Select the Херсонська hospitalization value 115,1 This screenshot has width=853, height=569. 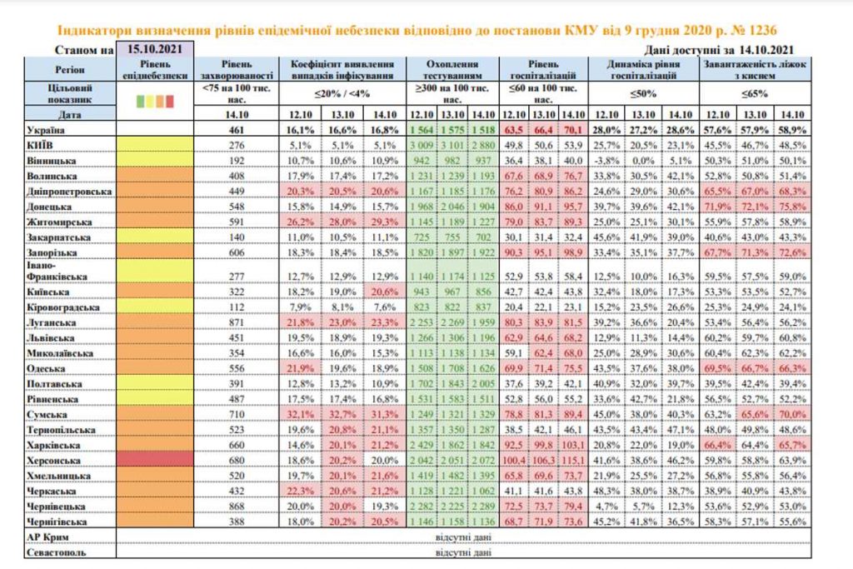coord(571,462)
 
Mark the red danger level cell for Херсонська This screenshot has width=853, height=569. coord(155,462)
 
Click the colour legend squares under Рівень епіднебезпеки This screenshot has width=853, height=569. coord(155,101)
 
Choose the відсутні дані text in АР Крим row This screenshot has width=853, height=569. coord(463,538)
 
